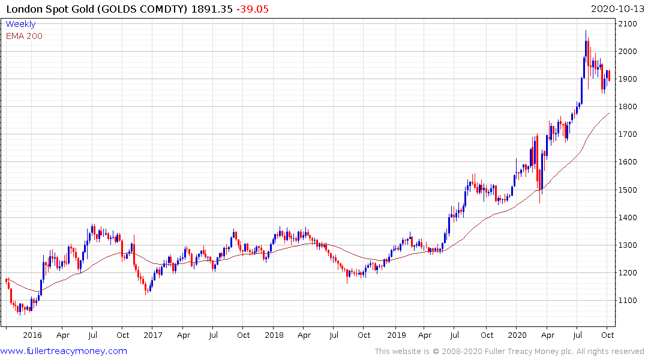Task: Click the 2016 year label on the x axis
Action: point(32,335)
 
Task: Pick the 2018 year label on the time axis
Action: point(274,335)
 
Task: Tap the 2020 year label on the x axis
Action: point(516,335)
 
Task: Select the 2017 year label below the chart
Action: point(153,335)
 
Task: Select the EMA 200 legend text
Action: point(24,36)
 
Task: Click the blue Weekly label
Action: point(20,25)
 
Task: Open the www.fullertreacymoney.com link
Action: point(64,351)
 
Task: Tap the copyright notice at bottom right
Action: point(509,352)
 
